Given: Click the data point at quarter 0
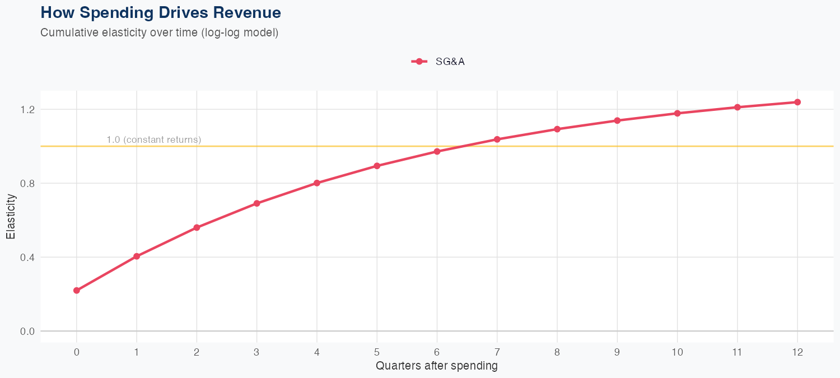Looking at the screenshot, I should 77,291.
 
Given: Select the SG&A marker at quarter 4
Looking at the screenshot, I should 317,183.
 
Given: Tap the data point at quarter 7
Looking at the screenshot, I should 497,139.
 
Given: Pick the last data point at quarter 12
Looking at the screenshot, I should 797,102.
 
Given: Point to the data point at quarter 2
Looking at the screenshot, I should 197,227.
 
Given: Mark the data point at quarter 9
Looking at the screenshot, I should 617,120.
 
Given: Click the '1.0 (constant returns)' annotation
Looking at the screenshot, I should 153,139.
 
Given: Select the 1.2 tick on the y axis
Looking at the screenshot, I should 27,109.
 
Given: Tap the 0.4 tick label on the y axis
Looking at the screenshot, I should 27,257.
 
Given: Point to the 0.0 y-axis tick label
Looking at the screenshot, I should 27,331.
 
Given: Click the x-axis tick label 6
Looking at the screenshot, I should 437,352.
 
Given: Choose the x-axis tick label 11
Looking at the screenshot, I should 737,352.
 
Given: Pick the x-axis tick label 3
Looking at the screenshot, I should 256,352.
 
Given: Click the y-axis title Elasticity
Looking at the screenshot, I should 11,216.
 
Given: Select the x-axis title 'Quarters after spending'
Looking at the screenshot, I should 437,366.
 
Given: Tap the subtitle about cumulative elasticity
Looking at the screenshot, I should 159,32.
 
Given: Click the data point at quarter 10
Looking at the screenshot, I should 677,113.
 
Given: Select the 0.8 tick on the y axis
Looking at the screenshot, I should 27,183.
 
